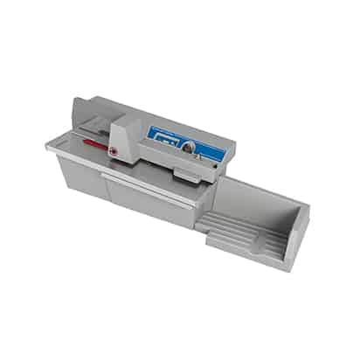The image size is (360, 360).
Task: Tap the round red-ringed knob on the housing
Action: click(113, 150)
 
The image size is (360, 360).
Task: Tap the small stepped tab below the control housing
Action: click(185, 177)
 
